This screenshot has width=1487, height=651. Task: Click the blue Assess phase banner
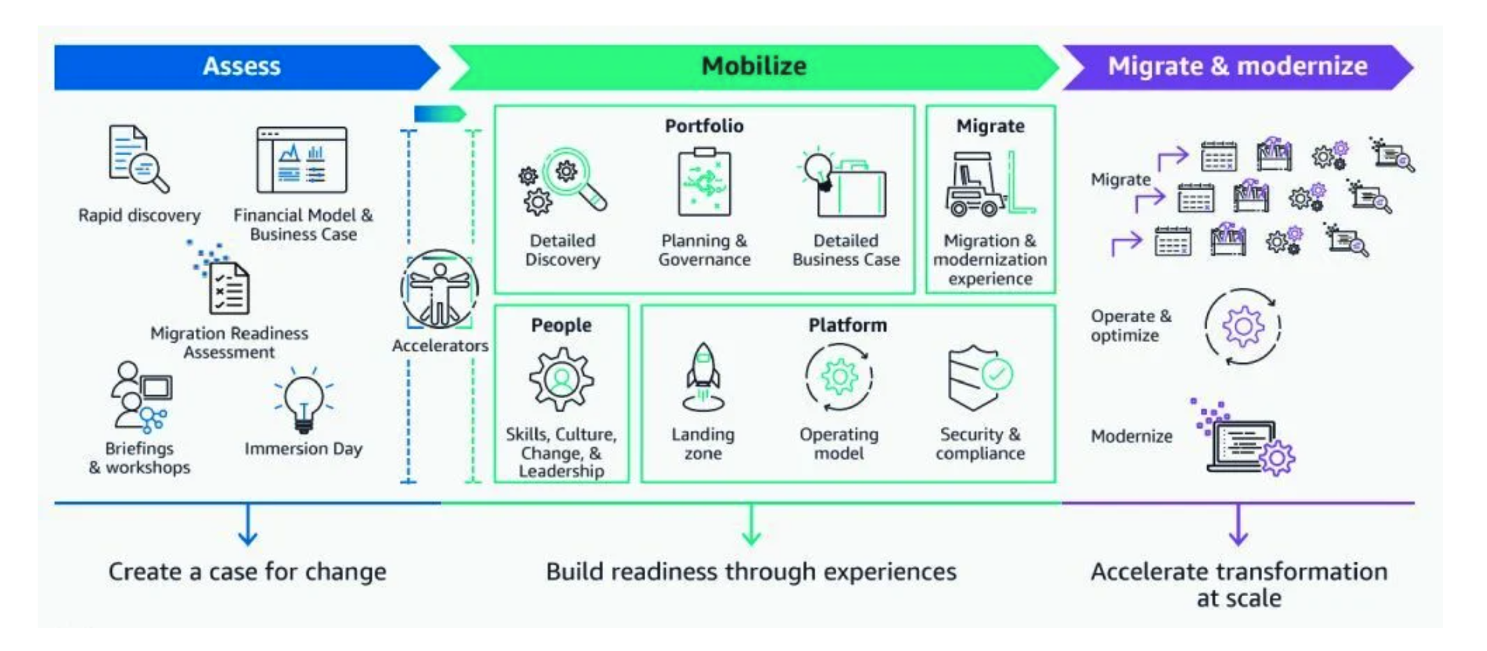tap(241, 66)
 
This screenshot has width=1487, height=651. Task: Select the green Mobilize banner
tap(754, 66)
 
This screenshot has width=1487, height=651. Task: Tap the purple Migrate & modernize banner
tap(1237, 66)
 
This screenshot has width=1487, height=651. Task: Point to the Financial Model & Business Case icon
tap(301, 160)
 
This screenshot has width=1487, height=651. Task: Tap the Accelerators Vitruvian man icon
tap(439, 289)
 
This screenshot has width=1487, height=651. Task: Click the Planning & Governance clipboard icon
tap(704, 183)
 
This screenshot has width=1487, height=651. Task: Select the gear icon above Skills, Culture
tap(561, 379)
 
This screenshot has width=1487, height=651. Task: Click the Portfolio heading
tap(704, 126)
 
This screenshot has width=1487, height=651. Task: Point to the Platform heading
tap(848, 325)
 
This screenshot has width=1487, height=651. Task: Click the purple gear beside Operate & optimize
tap(1243, 327)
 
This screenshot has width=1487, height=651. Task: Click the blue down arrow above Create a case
tap(248, 525)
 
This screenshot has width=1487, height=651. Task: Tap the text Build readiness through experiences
tap(751, 572)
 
